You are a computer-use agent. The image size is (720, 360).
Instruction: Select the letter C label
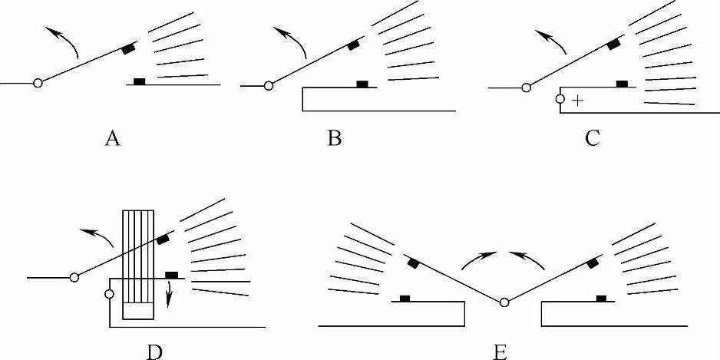(x=592, y=139)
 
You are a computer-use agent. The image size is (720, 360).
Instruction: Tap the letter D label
(x=155, y=352)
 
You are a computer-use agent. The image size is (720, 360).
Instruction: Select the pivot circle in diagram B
(x=269, y=86)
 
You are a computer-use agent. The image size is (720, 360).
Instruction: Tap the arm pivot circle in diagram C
(x=526, y=89)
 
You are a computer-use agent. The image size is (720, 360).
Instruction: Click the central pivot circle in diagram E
(x=504, y=302)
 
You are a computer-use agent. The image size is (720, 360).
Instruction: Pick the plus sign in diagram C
(x=576, y=101)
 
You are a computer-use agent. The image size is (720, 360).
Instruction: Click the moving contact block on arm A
(x=128, y=50)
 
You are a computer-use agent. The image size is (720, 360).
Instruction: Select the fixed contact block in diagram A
(x=139, y=81)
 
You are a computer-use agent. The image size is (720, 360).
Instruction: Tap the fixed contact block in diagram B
(x=362, y=84)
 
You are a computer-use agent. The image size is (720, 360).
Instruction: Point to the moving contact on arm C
(x=614, y=45)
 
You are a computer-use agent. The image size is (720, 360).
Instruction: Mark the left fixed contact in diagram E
(x=404, y=298)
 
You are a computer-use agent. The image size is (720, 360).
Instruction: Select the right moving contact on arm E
(x=593, y=264)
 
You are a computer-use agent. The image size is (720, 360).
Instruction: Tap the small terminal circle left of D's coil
(x=109, y=293)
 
